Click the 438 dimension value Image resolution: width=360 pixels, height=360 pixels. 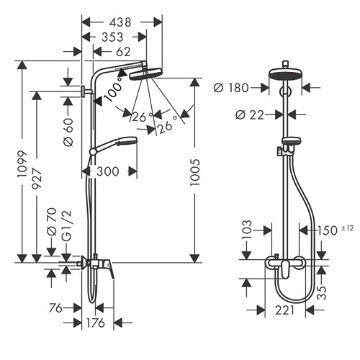point(120,22)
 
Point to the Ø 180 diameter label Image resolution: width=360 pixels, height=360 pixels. point(231,88)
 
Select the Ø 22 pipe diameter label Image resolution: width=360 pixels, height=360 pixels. point(249,114)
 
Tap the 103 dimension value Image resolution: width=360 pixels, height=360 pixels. point(248,230)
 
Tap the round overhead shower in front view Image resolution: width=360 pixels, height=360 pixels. point(287,74)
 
